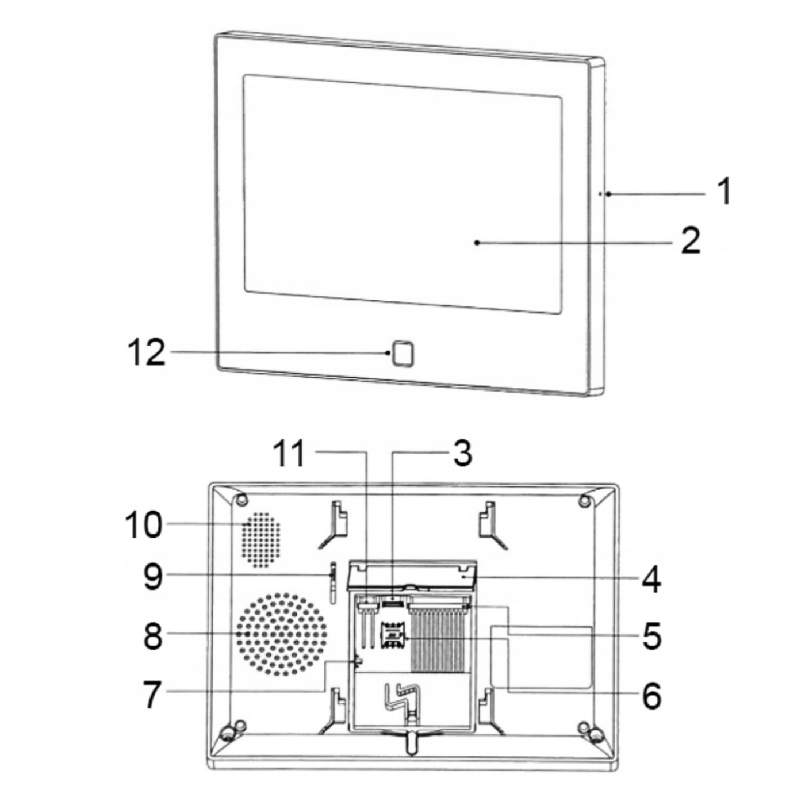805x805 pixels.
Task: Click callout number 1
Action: [726, 191]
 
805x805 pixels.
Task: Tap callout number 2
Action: [691, 240]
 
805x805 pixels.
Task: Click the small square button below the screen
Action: [402, 353]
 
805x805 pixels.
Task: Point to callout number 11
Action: [289, 454]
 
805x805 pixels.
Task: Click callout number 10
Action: [143, 525]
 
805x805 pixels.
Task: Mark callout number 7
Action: [152, 694]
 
